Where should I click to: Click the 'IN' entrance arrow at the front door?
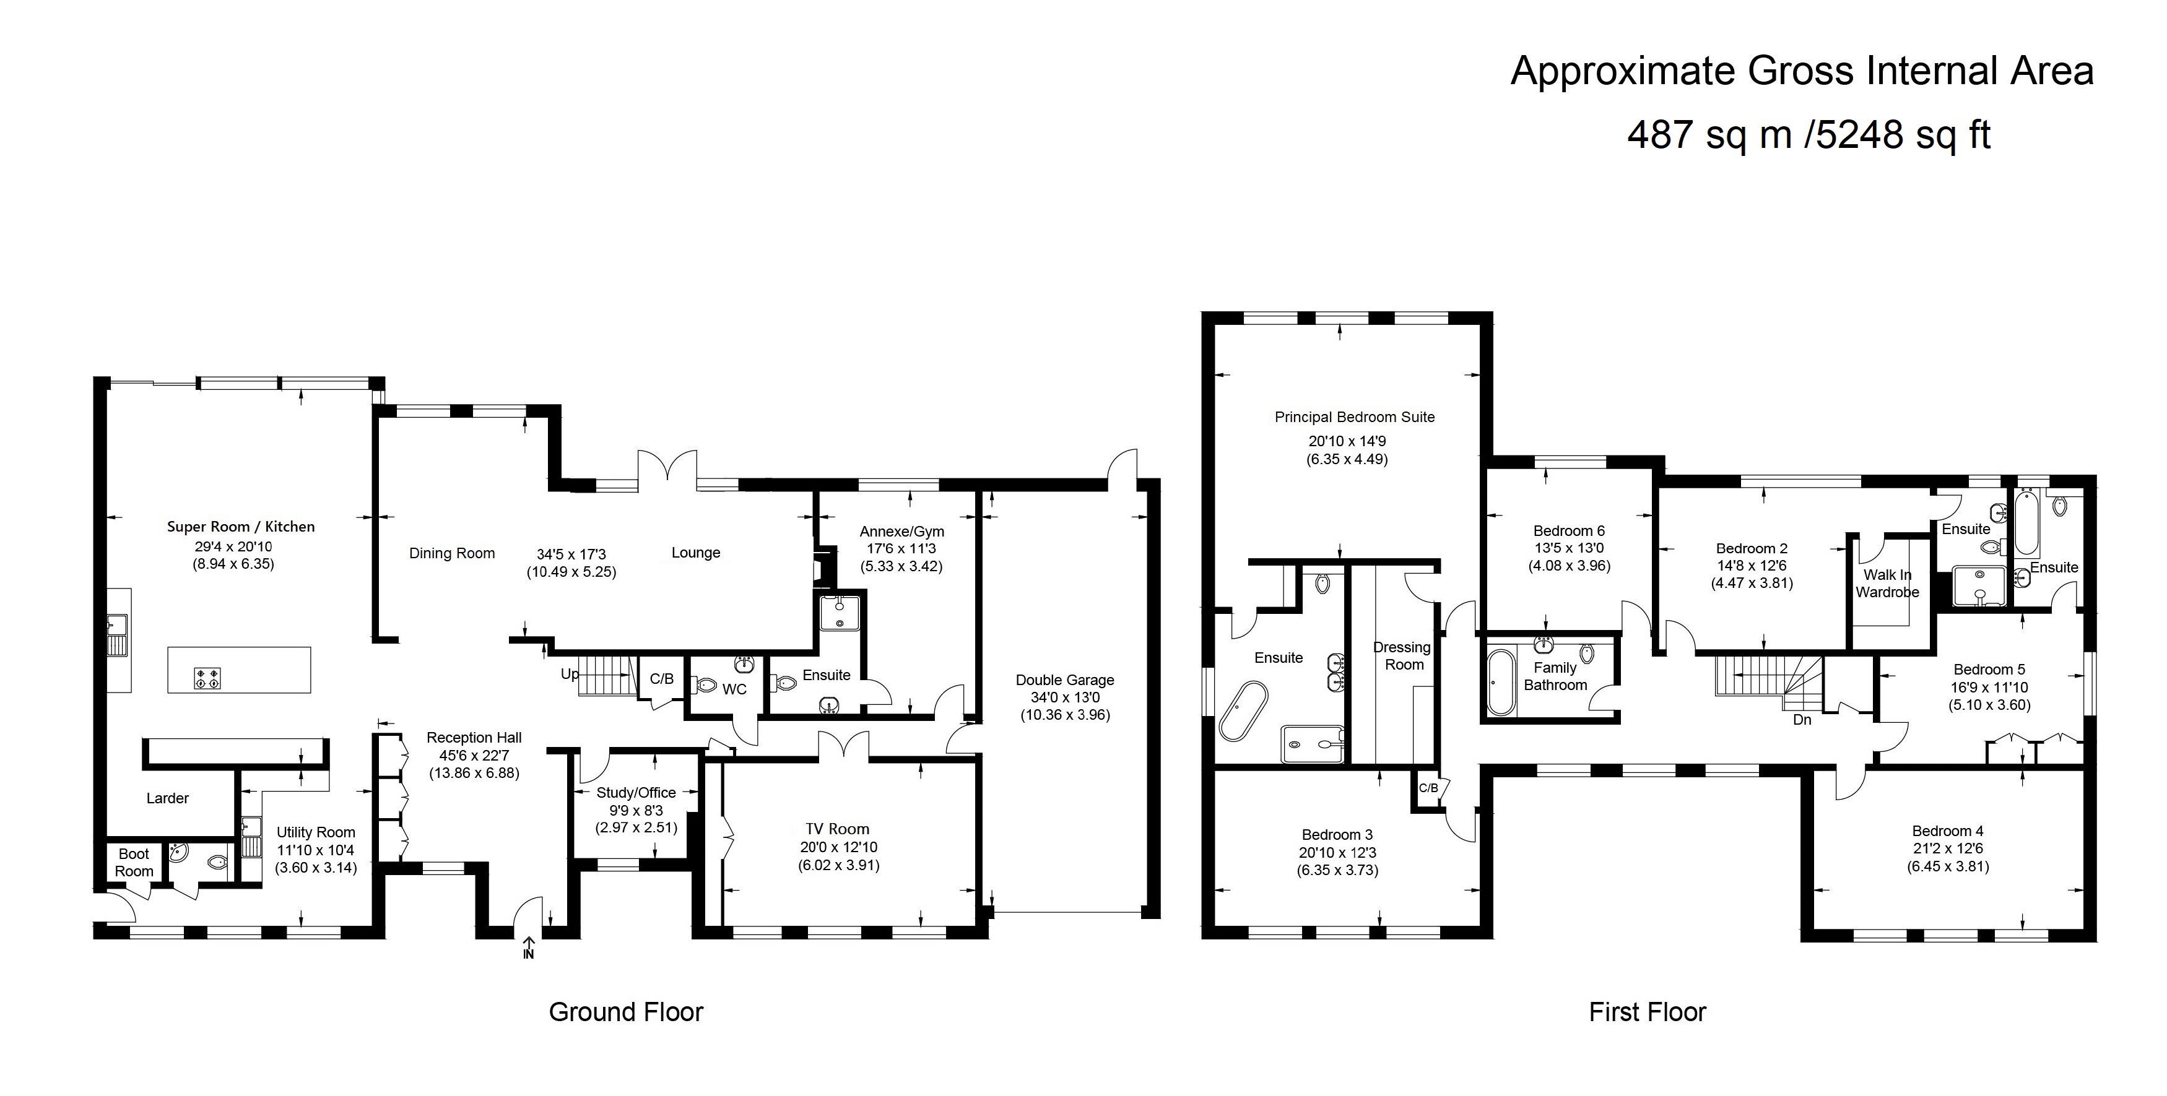(x=528, y=947)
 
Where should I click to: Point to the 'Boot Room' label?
(x=134, y=862)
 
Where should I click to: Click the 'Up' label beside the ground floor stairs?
(x=570, y=675)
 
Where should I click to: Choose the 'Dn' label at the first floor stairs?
(x=1802, y=720)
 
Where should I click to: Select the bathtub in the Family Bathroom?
(x=1500, y=682)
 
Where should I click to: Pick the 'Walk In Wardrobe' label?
(x=1888, y=584)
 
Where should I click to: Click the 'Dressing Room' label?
(x=1402, y=656)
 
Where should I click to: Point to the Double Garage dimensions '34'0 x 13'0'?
(x=1065, y=697)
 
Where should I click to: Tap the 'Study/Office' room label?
(x=636, y=792)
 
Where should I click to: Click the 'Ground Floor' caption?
(x=626, y=1012)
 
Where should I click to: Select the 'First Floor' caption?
(x=1647, y=1012)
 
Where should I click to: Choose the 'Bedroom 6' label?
(x=1569, y=531)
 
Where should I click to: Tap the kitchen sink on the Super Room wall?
(x=117, y=635)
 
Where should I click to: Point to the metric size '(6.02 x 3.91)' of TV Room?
(x=839, y=865)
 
